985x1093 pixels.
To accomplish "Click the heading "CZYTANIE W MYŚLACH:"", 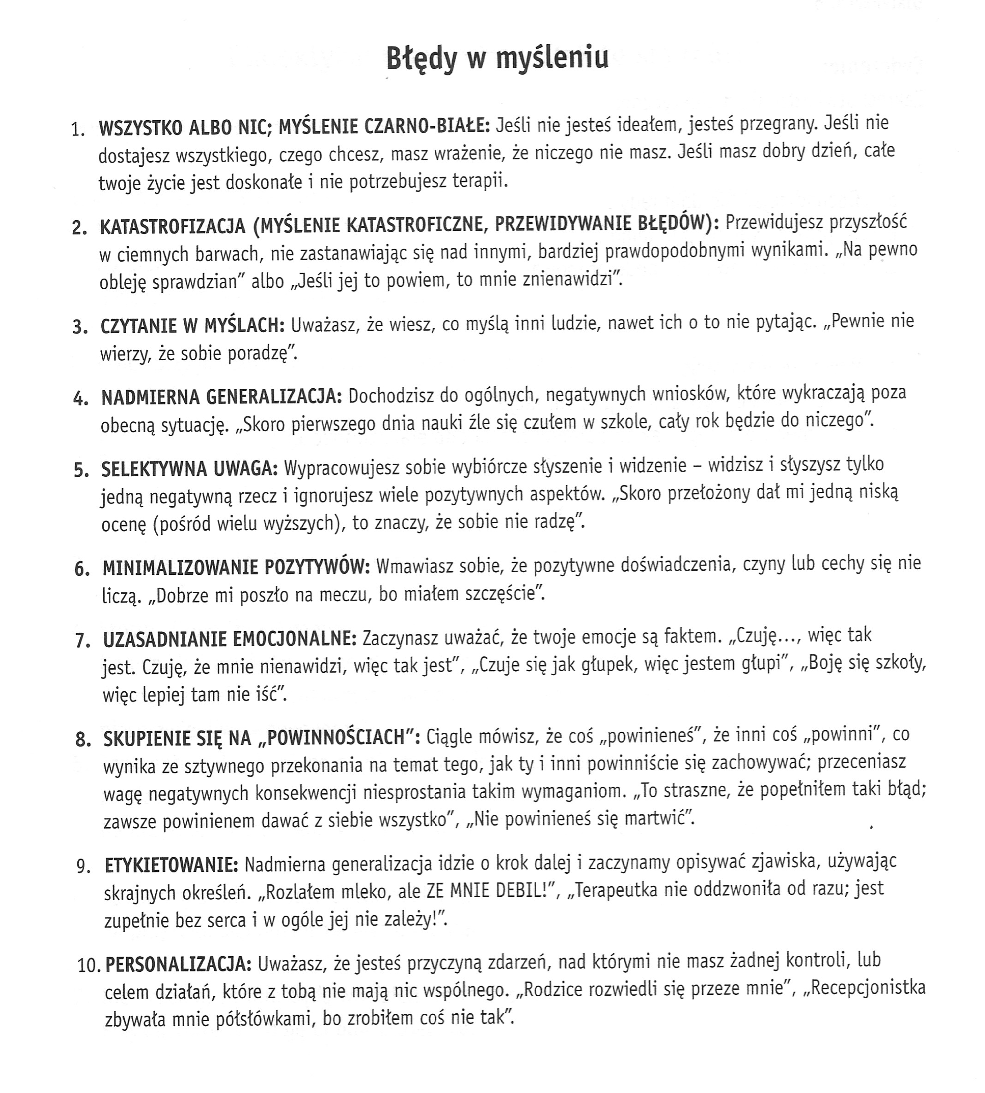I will pos(192,326).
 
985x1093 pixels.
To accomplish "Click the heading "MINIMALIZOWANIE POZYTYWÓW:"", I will pos(236,567).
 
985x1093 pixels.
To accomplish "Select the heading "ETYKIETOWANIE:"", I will pos(171,865).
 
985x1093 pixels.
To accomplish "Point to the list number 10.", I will pos(90,965).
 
